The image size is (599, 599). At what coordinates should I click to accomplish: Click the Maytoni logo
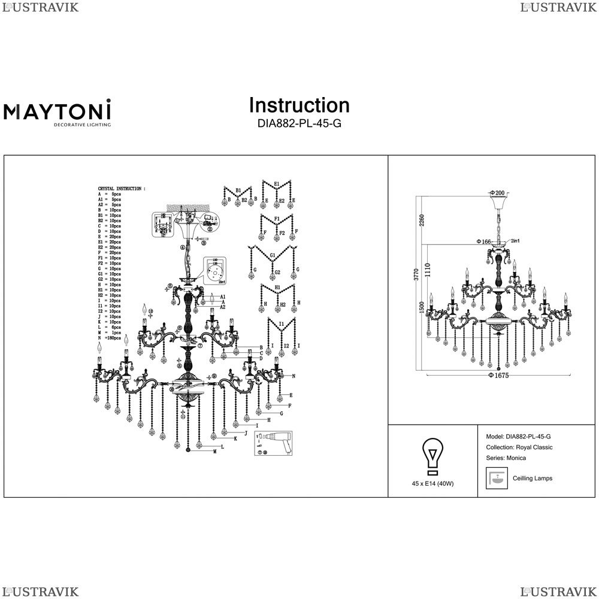[x=58, y=113]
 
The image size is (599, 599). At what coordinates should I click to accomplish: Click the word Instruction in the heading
[x=299, y=105]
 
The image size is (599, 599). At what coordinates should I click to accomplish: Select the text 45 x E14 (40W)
[x=432, y=483]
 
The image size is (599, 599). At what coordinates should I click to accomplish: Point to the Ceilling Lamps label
[x=533, y=479]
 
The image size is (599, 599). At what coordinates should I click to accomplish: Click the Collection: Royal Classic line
[x=520, y=447]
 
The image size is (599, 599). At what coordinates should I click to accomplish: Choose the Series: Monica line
[x=507, y=458]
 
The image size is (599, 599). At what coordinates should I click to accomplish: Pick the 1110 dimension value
[x=427, y=272]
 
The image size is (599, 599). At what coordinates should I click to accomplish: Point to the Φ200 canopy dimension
[x=497, y=193]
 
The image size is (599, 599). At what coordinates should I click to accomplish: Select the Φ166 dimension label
[x=484, y=241]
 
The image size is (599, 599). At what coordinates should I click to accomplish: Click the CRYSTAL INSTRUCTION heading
[x=121, y=189]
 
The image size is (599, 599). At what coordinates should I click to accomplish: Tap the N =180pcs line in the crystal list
[x=110, y=338]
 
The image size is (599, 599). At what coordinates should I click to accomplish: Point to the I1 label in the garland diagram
[x=281, y=324]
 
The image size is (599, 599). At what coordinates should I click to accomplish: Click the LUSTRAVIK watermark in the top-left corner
[x=40, y=7]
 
